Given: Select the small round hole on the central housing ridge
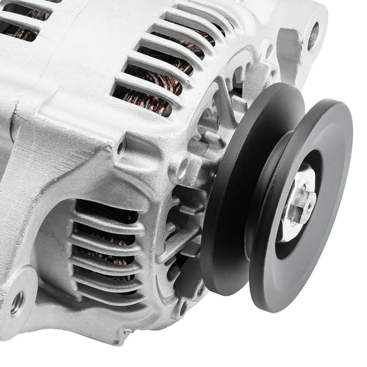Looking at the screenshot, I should pyautogui.click(x=121, y=147).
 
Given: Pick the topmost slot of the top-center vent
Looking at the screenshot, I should pyautogui.click(x=199, y=12).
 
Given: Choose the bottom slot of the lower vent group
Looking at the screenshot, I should pyautogui.click(x=110, y=296).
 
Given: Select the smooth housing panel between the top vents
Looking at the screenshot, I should pyautogui.click(x=89, y=48).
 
